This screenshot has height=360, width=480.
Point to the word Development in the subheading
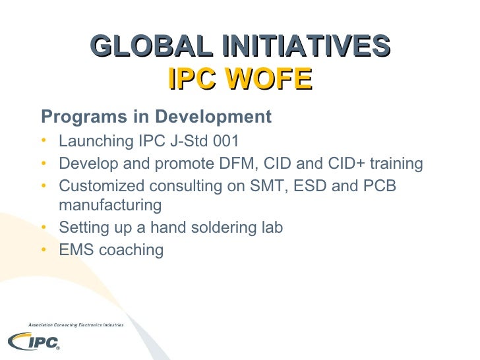click(212, 117)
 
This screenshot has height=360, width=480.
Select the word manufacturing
click(110, 206)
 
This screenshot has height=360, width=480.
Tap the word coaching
click(131, 249)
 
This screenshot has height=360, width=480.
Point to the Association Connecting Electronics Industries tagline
click(75, 324)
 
